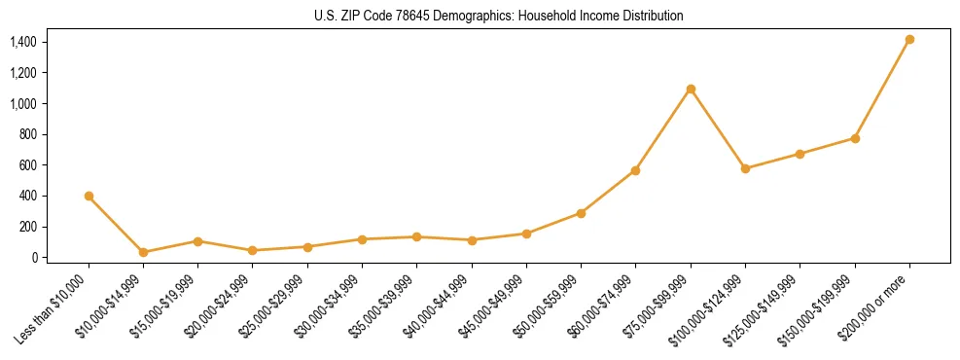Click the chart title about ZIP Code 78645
click(499, 16)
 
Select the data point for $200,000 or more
click(909, 40)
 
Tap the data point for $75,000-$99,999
click(691, 90)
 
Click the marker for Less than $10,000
click(89, 197)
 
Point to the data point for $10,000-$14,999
click(144, 252)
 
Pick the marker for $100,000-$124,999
click(745, 168)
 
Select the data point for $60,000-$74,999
click(635, 170)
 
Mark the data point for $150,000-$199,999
click(855, 138)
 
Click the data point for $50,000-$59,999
click(581, 213)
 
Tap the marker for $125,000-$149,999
click(800, 154)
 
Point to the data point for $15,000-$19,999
click(197, 241)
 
